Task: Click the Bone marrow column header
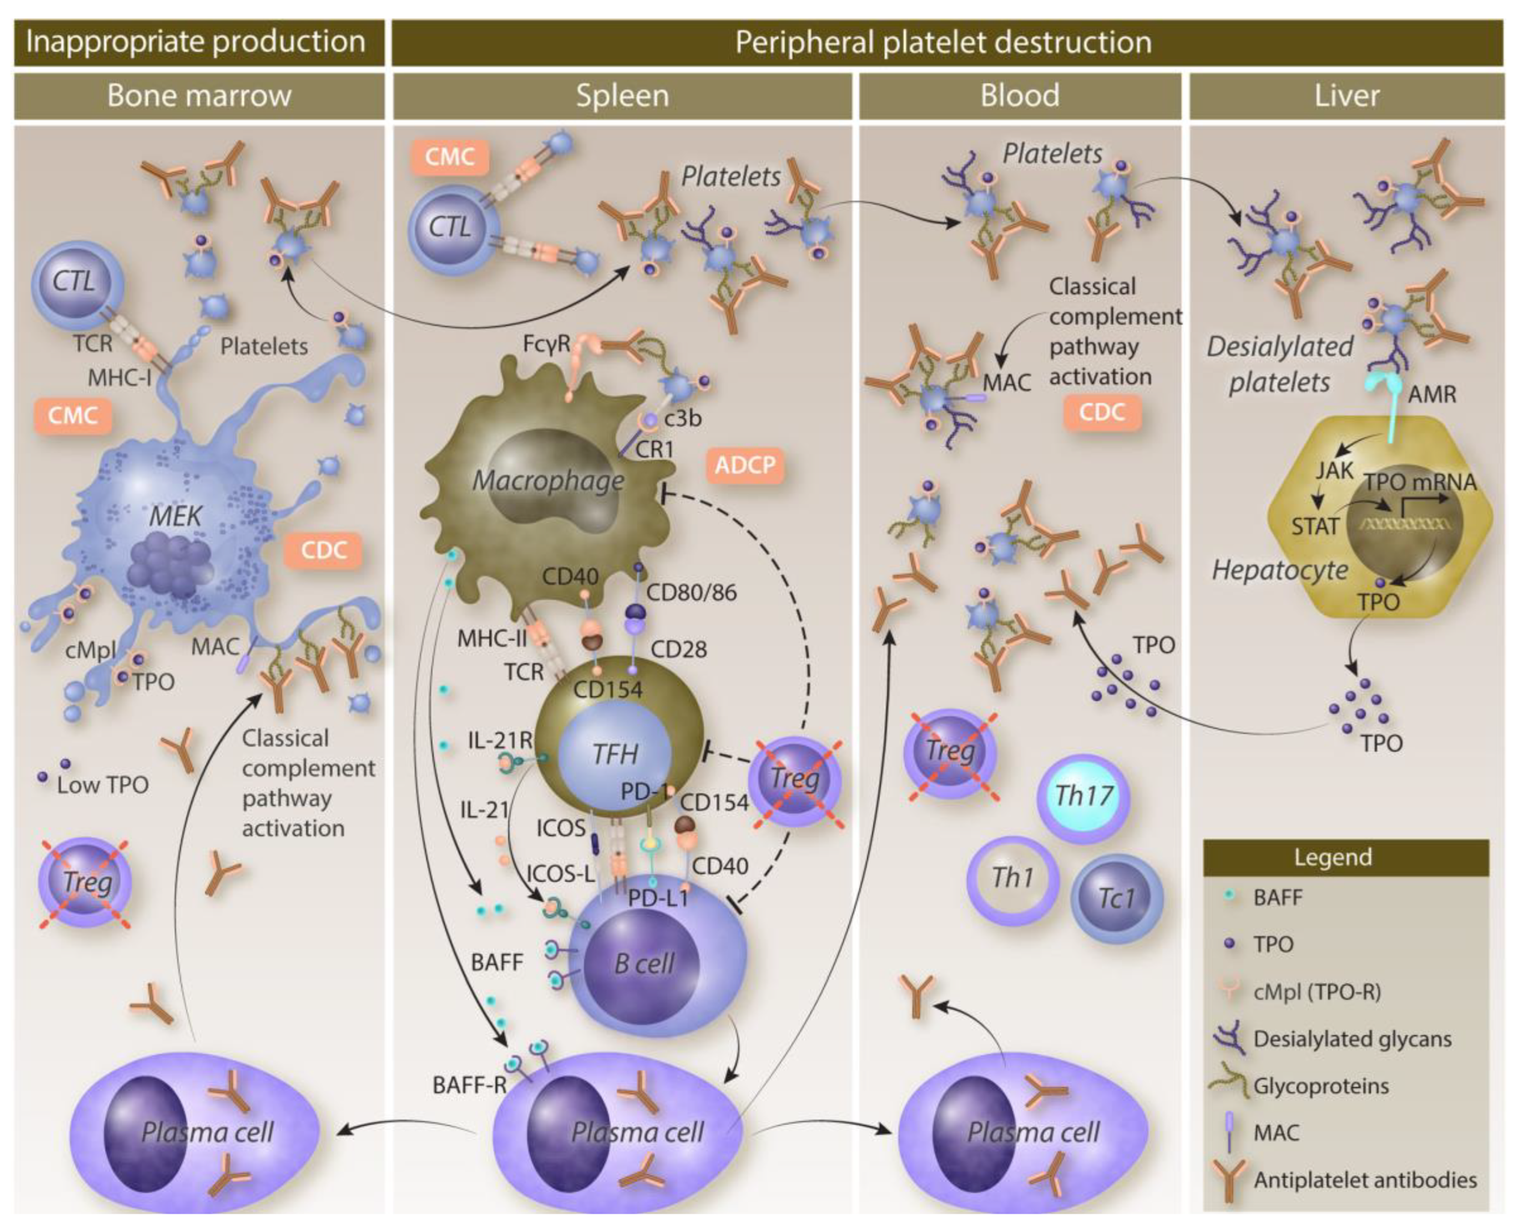199,96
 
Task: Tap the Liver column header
1346,96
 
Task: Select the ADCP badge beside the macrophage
745,466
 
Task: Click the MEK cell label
175,516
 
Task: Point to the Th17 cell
1084,796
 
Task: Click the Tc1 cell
1117,898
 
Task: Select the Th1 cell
1013,878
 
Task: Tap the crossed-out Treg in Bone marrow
87,883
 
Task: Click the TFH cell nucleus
615,753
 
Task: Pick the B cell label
644,964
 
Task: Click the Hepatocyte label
1280,570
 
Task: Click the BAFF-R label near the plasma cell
468,1085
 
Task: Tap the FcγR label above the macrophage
546,344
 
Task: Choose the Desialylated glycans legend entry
1351,1039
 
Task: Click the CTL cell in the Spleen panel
450,228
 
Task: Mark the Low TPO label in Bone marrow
103,785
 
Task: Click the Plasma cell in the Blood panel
1033,1132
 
